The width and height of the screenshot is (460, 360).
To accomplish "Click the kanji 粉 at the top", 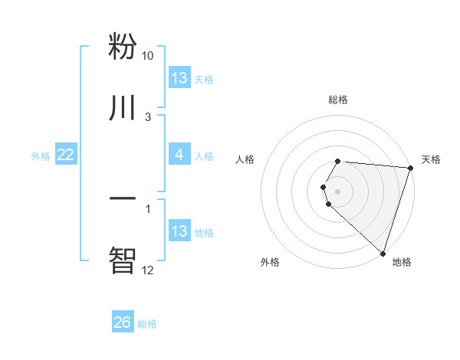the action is pyautogui.click(x=123, y=46).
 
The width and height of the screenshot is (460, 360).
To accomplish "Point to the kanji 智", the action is pyautogui.click(x=123, y=259).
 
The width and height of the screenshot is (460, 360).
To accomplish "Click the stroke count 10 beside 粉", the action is pyautogui.click(x=148, y=56).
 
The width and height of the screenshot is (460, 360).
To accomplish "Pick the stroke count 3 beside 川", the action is pyautogui.click(x=148, y=116).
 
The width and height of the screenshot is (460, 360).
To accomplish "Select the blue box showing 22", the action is pyautogui.click(x=66, y=155).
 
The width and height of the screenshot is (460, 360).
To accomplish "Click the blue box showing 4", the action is pyautogui.click(x=179, y=155).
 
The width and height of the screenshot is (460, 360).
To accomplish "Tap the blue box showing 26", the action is pyautogui.click(x=123, y=322).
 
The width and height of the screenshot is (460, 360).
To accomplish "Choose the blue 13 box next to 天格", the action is pyautogui.click(x=179, y=78).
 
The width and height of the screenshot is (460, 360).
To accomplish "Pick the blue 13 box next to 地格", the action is pyautogui.click(x=179, y=231).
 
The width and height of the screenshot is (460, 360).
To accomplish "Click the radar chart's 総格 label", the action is pyautogui.click(x=338, y=100).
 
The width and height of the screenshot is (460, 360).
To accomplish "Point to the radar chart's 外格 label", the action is pyautogui.click(x=270, y=262).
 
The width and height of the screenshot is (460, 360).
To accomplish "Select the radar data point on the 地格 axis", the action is pyautogui.click(x=383, y=253).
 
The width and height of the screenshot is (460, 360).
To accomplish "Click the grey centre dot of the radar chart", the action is pyautogui.click(x=338, y=191).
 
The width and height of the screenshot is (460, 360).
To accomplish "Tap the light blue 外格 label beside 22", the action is pyautogui.click(x=41, y=155).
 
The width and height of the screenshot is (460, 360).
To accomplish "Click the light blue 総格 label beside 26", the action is pyautogui.click(x=147, y=324).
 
